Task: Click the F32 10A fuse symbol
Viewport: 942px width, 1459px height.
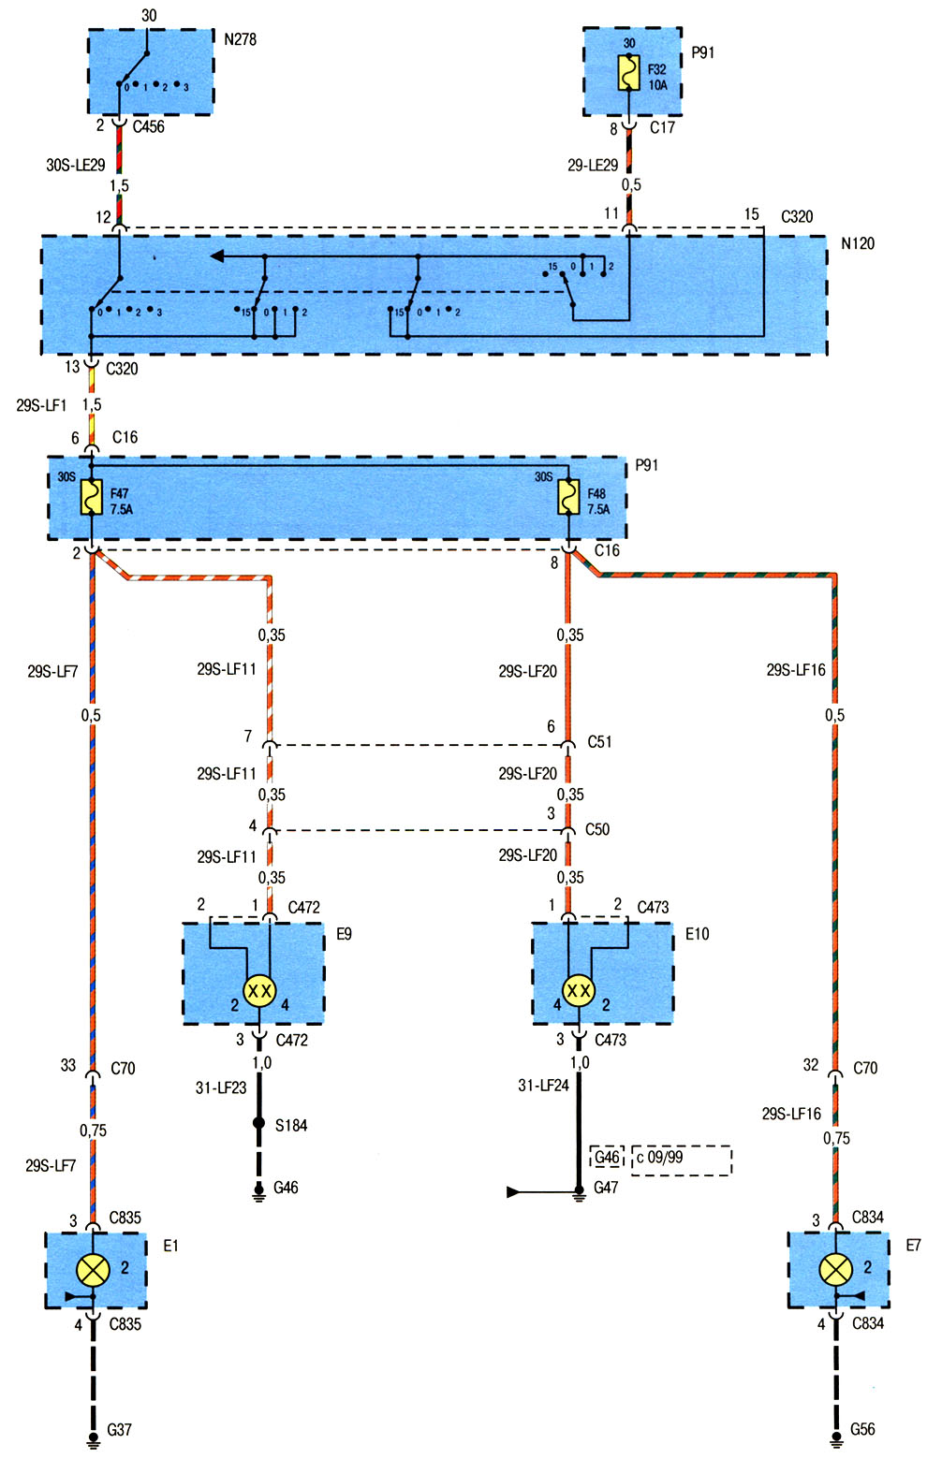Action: pos(628,72)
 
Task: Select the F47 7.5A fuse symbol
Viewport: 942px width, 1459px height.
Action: pos(91,497)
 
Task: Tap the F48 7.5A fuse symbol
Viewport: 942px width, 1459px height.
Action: pos(569,497)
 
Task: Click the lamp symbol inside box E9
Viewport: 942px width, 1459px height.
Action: pos(259,991)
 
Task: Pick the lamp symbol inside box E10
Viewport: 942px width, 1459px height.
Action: pos(579,991)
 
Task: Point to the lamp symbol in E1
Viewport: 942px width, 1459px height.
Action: pos(93,1269)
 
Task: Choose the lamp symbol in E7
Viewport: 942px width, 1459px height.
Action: pos(835,1269)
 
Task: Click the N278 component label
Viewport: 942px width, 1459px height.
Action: pos(240,39)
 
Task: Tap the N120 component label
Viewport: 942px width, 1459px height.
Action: pos(857,243)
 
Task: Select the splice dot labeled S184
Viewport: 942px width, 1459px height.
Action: pos(258,1123)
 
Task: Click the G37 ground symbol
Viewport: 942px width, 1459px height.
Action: pos(94,1438)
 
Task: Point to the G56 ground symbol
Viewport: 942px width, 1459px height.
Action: pos(836,1438)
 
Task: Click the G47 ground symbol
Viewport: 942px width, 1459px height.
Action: pos(579,1192)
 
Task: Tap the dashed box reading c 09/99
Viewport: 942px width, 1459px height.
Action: pos(682,1160)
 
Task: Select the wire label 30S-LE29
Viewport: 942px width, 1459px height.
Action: pos(76,166)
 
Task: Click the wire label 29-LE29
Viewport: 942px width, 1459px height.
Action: pos(593,166)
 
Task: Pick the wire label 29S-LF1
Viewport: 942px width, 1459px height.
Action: pos(41,405)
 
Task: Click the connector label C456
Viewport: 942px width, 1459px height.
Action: pos(149,126)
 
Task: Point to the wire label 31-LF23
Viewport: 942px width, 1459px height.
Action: pos(221,1087)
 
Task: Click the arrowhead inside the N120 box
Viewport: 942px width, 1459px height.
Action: pos(217,256)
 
